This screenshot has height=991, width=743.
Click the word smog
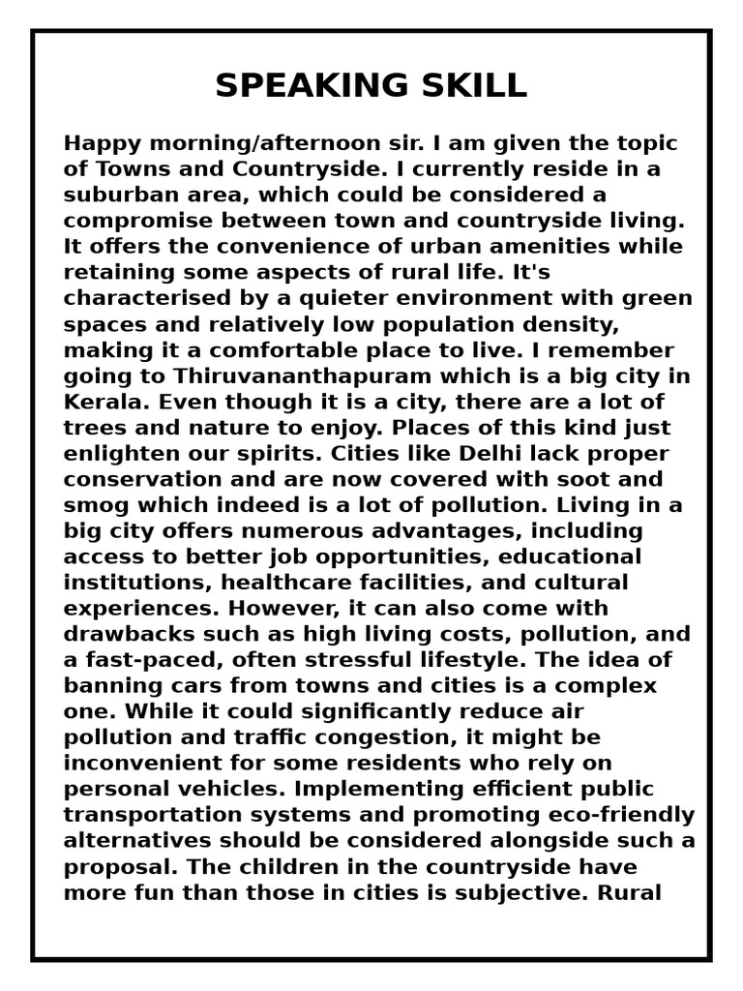click(94, 505)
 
